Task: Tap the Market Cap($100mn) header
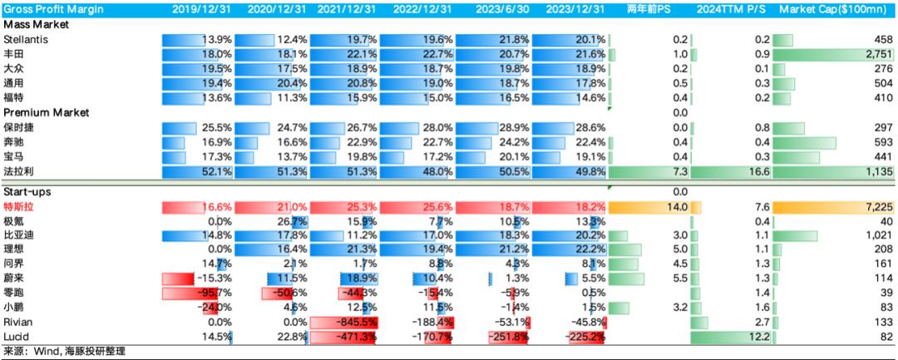click(836, 10)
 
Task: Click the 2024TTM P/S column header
click(733, 10)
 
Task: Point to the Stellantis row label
click(25, 40)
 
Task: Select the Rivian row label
click(17, 322)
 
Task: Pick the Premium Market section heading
click(47, 112)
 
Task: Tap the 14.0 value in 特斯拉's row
click(678, 206)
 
